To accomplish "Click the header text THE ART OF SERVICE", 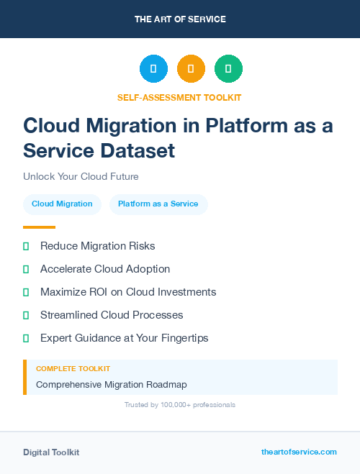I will coord(180,19).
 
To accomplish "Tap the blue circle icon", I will coord(153,69).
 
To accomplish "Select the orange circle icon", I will coord(191,69).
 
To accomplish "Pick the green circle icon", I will coord(228,69).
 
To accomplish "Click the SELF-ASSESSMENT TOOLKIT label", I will coord(180,97).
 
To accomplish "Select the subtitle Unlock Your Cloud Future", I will coord(81,176).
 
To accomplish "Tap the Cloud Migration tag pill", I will coord(62,204).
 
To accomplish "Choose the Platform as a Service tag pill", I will coord(158,204).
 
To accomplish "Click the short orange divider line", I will coord(39,227).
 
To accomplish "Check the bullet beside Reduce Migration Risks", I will coord(26,246).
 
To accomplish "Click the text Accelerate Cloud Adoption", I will coord(105,269).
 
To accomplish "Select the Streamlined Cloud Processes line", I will coord(112,315).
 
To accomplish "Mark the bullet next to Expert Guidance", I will coord(26,338).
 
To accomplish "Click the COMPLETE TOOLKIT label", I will coord(73,368).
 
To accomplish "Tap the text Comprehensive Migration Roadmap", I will coord(112,385).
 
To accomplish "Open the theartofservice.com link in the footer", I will coord(299,452).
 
